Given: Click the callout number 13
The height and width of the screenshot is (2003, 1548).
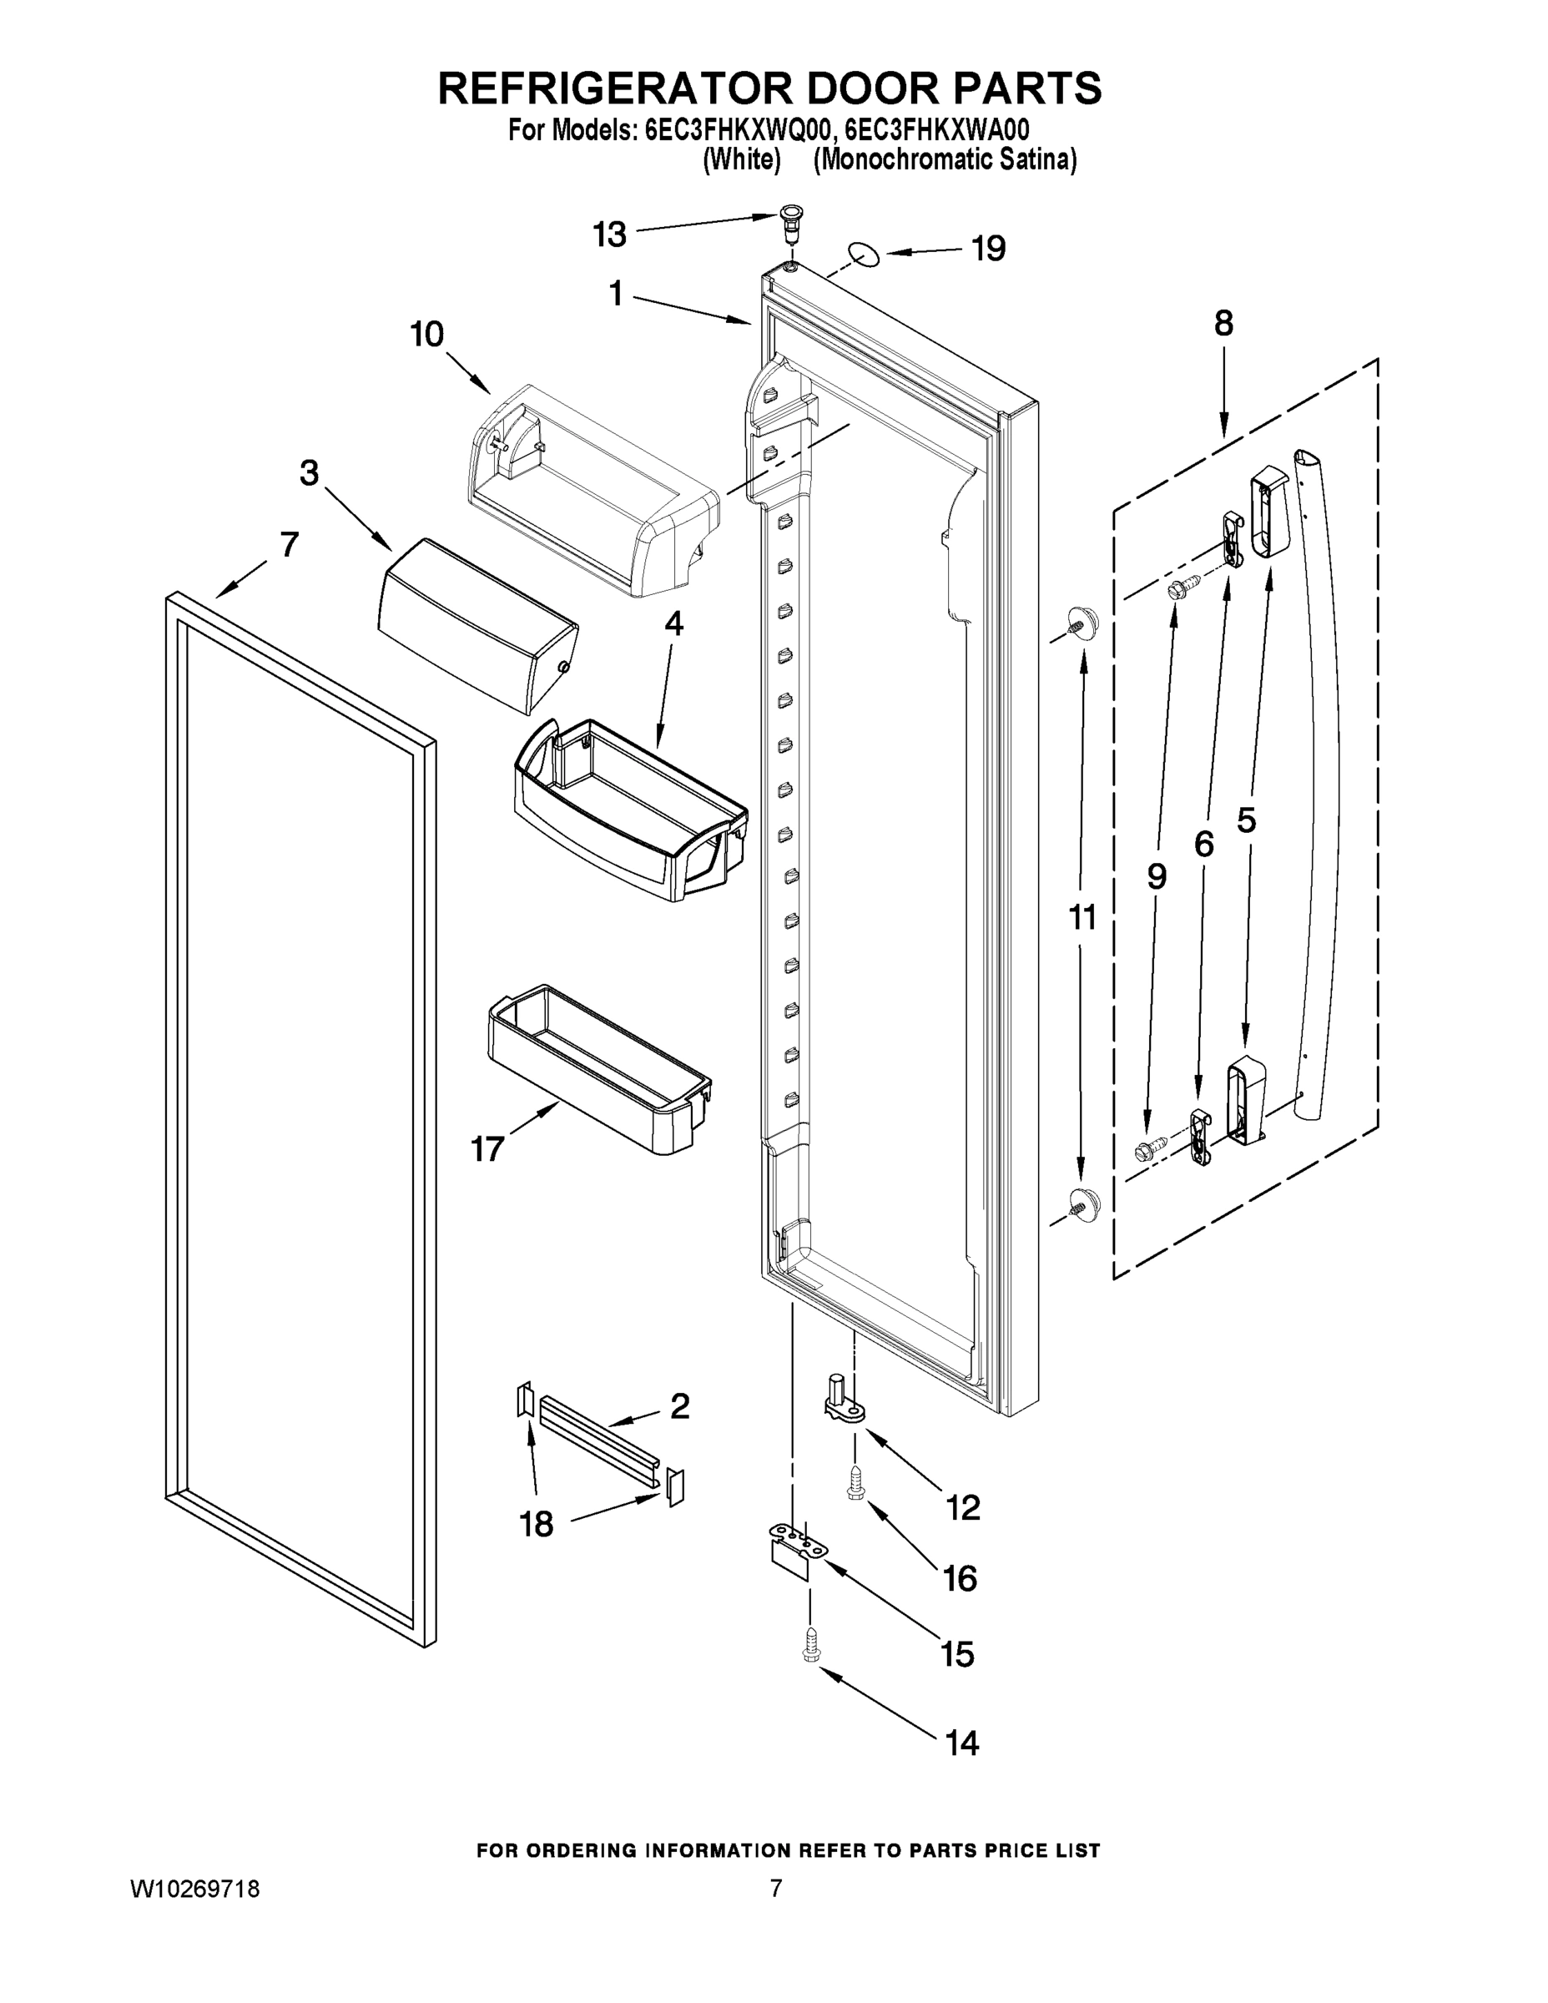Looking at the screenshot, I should pos(609,235).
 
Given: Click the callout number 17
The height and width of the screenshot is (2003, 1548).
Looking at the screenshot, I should pos(487,1148).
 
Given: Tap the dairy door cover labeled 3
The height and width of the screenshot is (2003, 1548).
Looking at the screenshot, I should pos(477,623).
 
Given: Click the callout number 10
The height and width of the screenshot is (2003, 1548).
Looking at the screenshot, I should pos(427,335).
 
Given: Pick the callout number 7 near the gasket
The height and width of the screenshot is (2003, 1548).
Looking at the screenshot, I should pos(289,544).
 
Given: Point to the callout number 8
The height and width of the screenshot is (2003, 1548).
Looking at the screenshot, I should pos(1223,324).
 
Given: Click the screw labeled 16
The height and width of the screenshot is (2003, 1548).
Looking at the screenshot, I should pos(855,1483).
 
